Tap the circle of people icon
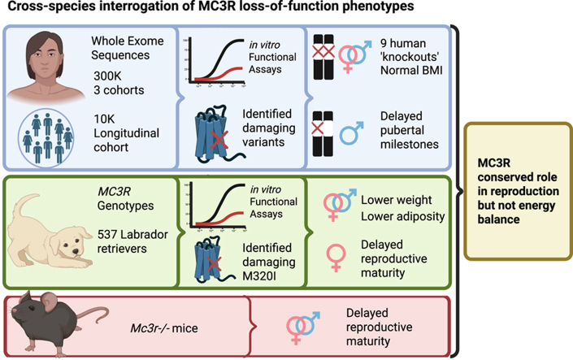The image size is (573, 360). [46, 138]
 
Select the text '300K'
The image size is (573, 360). [107, 76]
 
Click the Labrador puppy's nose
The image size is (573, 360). [76, 251]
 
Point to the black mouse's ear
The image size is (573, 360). [49, 301]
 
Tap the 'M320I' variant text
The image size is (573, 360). [259, 276]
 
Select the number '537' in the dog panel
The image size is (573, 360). [107, 234]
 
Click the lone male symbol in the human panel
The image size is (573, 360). [352, 133]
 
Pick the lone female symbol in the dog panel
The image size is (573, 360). [336, 258]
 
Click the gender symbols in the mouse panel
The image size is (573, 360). [303, 327]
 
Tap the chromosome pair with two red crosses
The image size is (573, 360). [323, 57]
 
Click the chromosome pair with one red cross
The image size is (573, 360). [323, 134]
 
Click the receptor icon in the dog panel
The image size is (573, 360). [214, 260]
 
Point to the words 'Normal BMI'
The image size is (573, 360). [411, 70]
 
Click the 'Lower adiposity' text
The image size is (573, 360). [402, 216]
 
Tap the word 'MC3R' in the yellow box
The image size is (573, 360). [493, 163]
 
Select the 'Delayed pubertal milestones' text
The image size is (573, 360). [410, 130]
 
